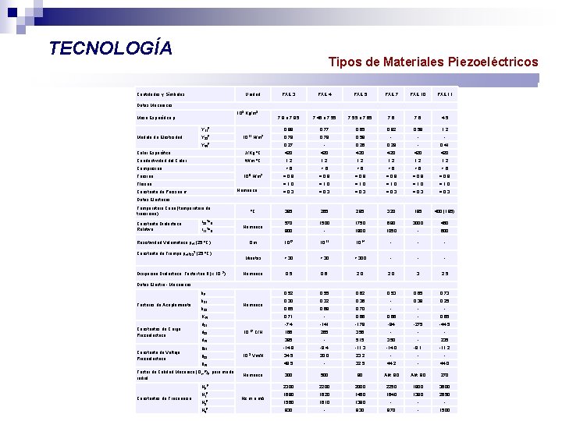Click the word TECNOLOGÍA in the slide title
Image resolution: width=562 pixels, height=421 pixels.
click(x=110, y=48)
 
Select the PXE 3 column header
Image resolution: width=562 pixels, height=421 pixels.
click(x=288, y=94)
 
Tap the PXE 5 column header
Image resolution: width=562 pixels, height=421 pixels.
click(x=360, y=94)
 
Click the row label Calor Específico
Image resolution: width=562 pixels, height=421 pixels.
click(x=154, y=153)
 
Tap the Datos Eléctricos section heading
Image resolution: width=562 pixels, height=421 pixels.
click(x=155, y=200)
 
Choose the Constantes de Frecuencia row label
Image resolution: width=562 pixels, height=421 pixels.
click(x=163, y=399)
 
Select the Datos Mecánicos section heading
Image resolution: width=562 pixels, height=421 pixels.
click(x=155, y=104)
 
